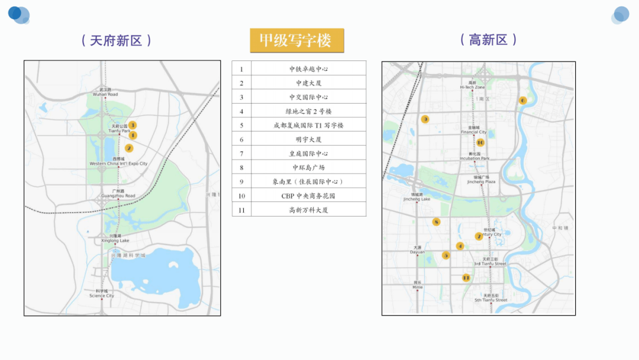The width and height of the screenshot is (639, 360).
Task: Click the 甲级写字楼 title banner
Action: [296, 40]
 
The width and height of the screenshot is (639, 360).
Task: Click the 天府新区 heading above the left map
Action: [117, 40]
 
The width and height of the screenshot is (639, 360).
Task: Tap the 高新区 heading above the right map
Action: [488, 40]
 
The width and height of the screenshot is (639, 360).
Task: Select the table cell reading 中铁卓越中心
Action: [308, 69]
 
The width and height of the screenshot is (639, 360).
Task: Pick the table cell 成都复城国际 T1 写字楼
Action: [308, 125]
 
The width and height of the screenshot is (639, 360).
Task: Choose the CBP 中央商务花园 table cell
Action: [308, 195]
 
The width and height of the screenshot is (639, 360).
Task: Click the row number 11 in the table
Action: [241, 210]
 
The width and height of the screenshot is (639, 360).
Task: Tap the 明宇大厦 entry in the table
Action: [308, 139]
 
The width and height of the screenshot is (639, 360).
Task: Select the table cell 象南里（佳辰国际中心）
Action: [308, 181]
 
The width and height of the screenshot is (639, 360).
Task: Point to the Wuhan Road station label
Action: [105, 94]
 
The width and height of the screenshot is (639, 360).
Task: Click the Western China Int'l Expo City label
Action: [118, 163]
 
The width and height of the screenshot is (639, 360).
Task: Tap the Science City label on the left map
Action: [102, 295]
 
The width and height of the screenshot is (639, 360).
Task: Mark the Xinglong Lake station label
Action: [115, 240]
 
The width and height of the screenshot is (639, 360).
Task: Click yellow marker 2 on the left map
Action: [129, 148]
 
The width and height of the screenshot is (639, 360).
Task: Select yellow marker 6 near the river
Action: [522, 101]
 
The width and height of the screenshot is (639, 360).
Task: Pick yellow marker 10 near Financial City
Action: [480, 143]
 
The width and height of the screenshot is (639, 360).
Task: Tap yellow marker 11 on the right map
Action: [466, 277]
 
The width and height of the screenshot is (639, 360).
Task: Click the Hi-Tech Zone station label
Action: [472, 87]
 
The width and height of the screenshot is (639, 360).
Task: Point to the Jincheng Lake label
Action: [417, 199]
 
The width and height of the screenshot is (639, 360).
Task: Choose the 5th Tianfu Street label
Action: [490, 300]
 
